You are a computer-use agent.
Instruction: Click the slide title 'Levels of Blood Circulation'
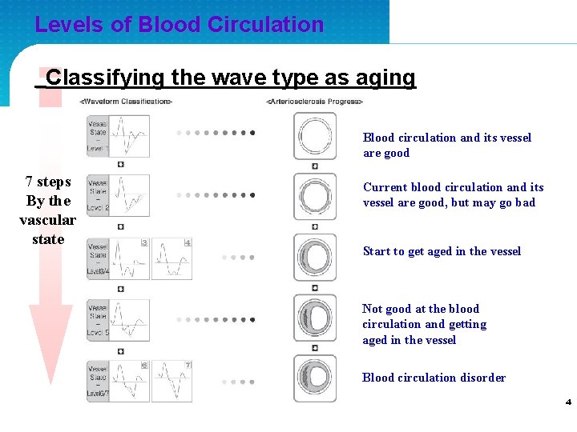click(179, 25)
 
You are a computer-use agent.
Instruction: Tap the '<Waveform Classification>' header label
click(126, 102)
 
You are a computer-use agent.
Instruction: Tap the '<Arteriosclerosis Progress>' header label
click(315, 102)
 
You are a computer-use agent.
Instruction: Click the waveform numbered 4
click(171, 258)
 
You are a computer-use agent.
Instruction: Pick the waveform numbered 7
click(171, 381)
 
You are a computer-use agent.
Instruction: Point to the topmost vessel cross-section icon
click(314, 134)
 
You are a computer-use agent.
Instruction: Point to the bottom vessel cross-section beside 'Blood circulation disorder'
click(314, 378)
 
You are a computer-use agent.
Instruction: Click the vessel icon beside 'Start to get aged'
click(314, 258)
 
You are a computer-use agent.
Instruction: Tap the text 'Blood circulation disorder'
click(434, 378)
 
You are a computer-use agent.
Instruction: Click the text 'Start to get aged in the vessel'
click(442, 251)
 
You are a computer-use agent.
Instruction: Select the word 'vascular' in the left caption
click(48, 220)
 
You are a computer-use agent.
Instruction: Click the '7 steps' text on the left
click(48, 182)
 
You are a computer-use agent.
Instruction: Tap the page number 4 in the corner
click(567, 402)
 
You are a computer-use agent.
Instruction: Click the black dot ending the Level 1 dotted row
click(252, 133)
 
